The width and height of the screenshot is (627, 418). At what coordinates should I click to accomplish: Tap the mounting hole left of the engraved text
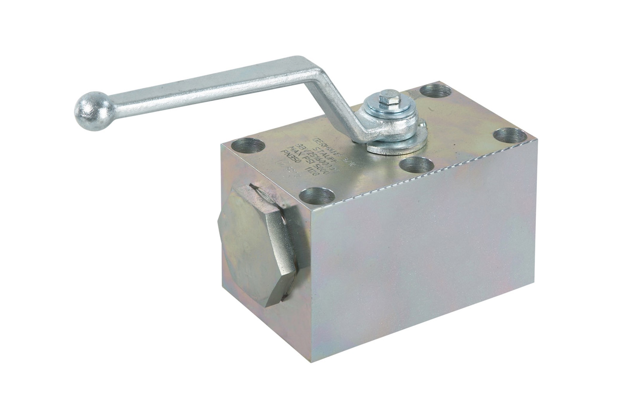tap(248, 147)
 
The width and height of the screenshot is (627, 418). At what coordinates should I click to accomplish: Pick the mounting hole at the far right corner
tap(510, 136)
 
